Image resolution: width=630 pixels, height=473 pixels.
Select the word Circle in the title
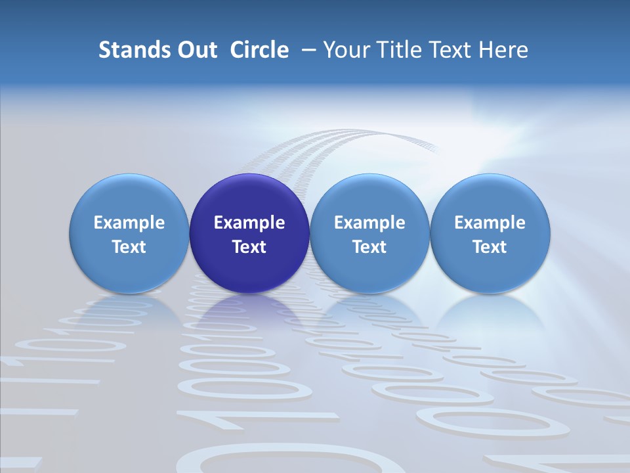(x=259, y=50)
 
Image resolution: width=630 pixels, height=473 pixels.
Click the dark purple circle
(x=249, y=197)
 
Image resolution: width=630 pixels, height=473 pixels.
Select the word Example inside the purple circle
(x=249, y=223)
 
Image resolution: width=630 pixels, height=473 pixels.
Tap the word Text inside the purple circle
(x=249, y=247)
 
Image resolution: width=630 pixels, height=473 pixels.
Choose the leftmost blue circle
(x=129, y=197)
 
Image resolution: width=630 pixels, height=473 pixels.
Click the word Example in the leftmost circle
(x=129, y=223)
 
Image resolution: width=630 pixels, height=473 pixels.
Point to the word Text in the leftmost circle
(x=129, y=247)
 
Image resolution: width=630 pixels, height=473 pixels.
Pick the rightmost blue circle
(x=490, y=197)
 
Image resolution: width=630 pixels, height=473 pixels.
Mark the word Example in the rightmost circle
(x=490, y=223)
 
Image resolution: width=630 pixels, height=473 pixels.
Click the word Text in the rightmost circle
(x=490, y=247)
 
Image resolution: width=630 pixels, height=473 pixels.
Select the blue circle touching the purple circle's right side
(x=369, y=197)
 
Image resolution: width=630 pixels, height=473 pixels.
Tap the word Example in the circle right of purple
(x=369, y=223)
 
